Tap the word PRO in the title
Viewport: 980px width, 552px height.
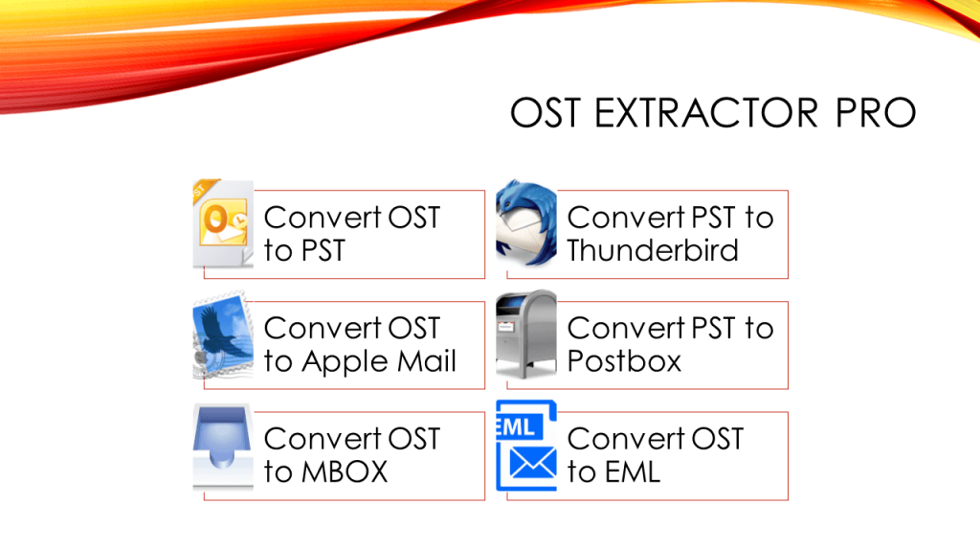click(x=875, y=113)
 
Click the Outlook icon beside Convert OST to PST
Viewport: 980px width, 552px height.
click(x=223, y=226)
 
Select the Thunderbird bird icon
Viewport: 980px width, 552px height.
click(x=526, y=226)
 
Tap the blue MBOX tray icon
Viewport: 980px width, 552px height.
click(x=223, y=448)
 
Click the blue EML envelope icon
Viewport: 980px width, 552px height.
click(x=526, y=449)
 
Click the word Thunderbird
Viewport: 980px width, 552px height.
click(x=653, y=251)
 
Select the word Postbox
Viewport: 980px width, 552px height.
click(x=624, y=361)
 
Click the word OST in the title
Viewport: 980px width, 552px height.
click(x=545, y=113)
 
